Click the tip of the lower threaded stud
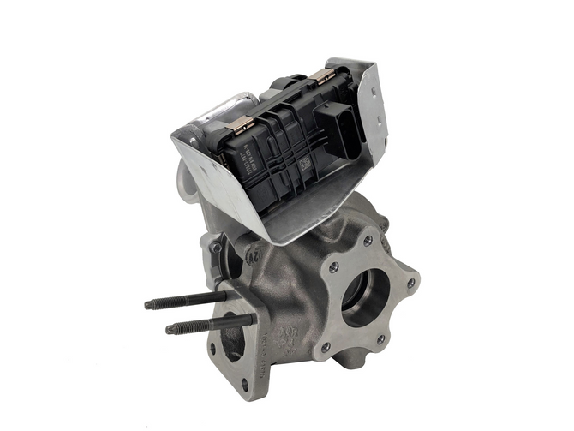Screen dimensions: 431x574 click(x=169, y=329)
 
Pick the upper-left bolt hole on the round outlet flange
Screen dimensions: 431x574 click(x=332, y=267)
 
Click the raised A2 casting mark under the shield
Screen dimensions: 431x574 click(x=254, y=254)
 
